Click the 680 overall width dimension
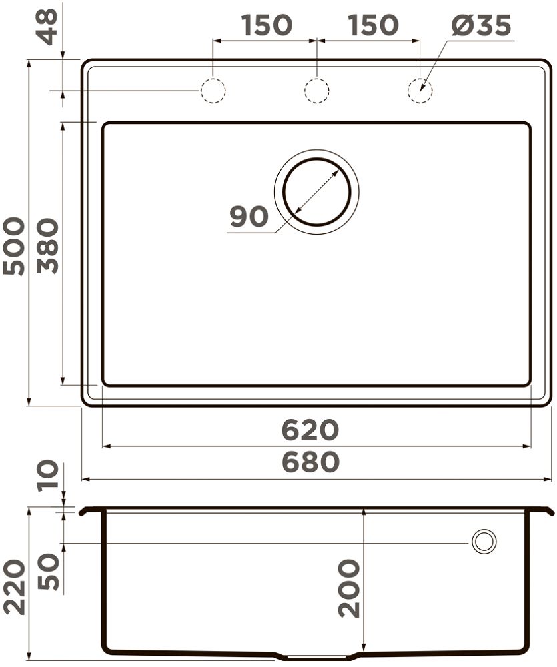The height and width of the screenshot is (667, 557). pos(310,462)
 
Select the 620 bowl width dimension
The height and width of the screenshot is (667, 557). pos(310,430)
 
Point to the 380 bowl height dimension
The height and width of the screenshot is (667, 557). pos(47,246)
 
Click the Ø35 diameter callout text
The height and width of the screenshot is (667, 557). pos(481,25)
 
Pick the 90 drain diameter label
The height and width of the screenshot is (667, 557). pos(249,216)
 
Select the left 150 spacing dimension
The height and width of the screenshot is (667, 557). pos(267,25)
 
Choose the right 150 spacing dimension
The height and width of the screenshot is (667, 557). pos(373,25)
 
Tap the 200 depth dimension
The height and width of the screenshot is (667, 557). pos(349,588)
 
